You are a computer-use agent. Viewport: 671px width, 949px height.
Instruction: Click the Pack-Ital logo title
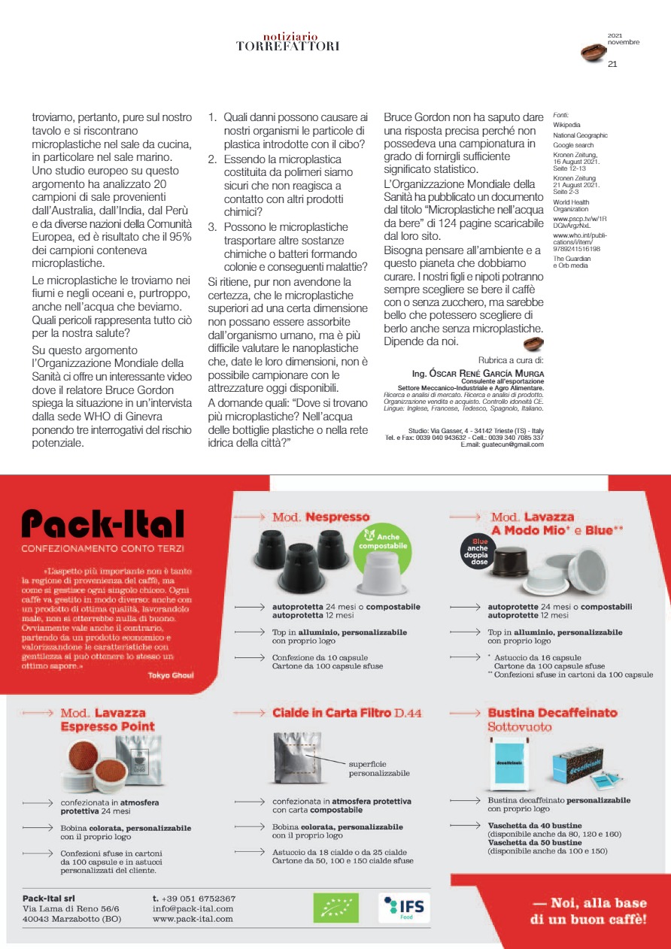(103, 523)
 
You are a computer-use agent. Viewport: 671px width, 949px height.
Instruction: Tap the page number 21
(612, 64)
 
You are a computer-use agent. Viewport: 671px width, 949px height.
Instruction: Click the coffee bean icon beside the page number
(592, 51)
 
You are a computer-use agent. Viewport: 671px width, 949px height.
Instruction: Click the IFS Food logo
(405, 908)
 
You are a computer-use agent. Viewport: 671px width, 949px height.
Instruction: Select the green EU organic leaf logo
(335, 908)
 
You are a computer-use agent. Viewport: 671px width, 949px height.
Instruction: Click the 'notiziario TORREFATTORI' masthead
(287, 41)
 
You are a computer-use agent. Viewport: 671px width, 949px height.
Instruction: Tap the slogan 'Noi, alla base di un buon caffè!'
(589, 911)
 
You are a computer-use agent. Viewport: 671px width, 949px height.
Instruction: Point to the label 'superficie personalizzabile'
(379, 768)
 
